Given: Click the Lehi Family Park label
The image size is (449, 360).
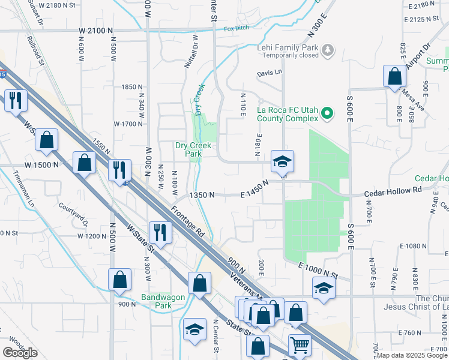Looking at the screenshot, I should point(288,47).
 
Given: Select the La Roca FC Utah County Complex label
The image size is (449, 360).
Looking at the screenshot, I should point(287,114).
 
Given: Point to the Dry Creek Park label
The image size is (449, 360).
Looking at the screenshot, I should point(188,149).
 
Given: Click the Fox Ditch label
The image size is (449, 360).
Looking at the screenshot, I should point(236,28).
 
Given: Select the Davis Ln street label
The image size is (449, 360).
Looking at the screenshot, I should point(269,73).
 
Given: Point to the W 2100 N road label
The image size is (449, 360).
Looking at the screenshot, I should point(95,30).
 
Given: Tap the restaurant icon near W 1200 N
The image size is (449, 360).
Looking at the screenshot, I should point(160,231).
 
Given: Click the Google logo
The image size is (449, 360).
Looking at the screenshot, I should point(20,353).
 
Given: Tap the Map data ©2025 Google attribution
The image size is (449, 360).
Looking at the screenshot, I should point(412,355).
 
